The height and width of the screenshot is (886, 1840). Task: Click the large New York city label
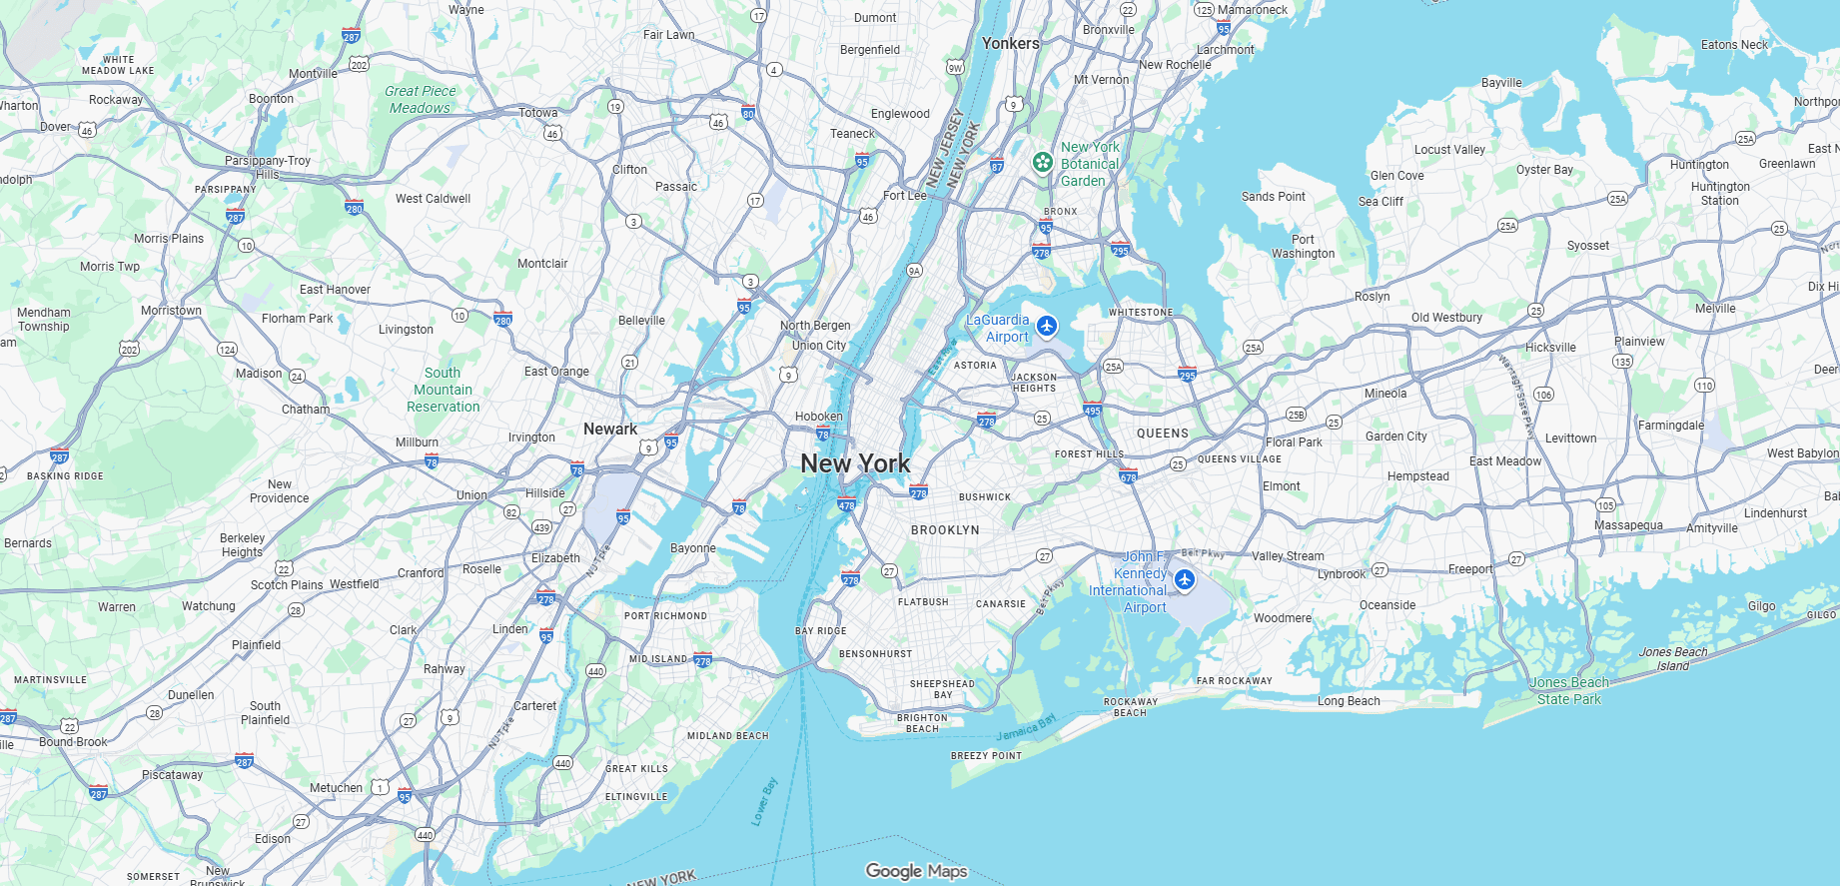coord(855,463)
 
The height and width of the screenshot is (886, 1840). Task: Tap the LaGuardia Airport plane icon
coord(1047,326)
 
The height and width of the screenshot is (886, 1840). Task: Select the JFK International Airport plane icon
coord(1185,579)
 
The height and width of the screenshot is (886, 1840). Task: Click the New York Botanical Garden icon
coord(1043,162)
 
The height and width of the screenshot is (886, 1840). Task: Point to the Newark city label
coord(610,429)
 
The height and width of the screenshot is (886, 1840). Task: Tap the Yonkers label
coord(1010,43)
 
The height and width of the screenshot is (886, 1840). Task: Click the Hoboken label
coord(819,417)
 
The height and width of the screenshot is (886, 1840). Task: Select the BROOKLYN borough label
coord(945,530)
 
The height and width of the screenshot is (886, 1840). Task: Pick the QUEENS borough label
coord(1163,434)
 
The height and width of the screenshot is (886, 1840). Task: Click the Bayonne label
coord(693,548)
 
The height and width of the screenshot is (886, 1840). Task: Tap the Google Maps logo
coord(916,871)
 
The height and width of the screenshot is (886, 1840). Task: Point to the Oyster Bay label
coord(1544,170)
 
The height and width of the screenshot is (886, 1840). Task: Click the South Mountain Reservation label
coord(443,390)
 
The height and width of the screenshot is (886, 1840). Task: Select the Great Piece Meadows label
coord(421,99)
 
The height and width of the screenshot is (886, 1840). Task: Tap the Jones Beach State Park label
coord(1569,691)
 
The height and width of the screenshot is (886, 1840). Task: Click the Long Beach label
coord(1349,701)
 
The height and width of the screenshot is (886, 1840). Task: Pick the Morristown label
coord(171,311)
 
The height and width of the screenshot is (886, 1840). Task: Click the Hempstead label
coord(1417,476)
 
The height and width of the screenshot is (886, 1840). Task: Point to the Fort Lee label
coord(904,196)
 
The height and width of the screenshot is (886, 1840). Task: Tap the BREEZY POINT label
coord(986,756)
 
